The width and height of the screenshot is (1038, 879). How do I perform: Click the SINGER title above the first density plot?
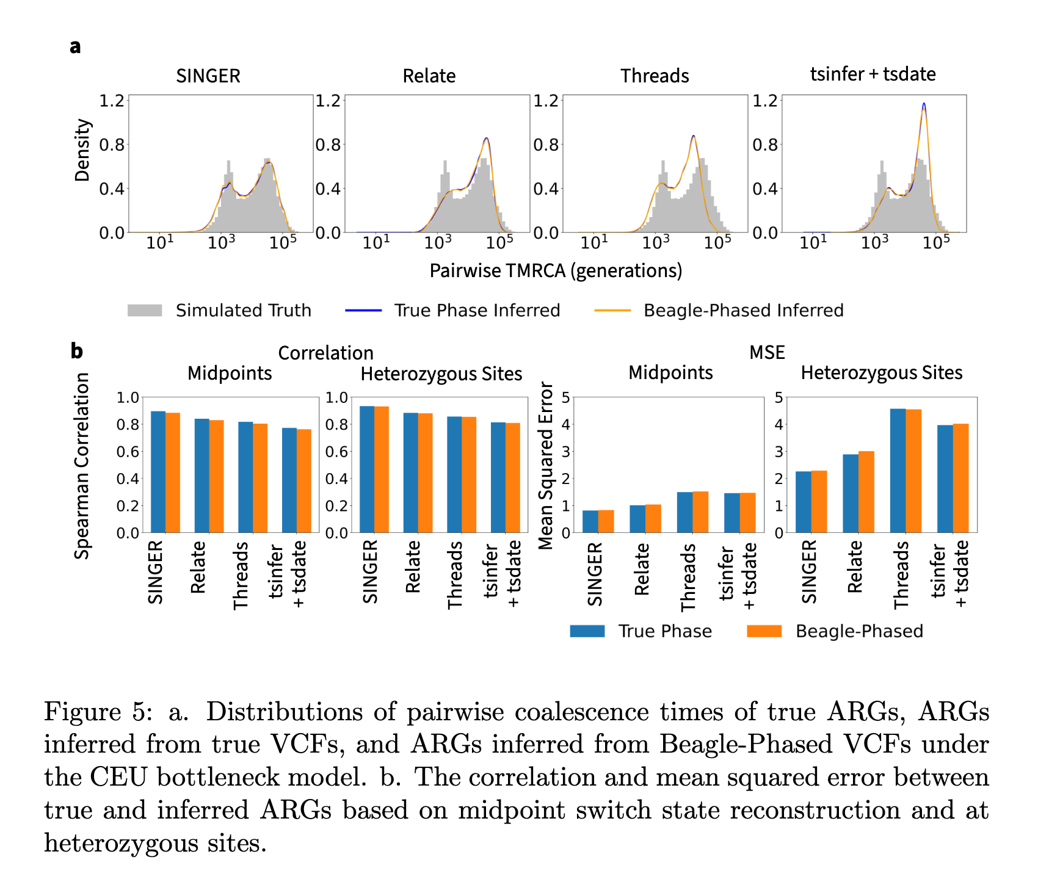click(x=208, y=76)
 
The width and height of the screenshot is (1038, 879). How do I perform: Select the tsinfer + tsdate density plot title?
click(x=873, y=74)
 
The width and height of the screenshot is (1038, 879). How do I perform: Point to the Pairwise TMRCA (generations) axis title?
click(x=556, y=270)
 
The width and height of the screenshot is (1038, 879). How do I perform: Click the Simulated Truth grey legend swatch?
click(x=145, y=310)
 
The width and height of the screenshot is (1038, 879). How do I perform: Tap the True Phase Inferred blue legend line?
click(x=363, y=310)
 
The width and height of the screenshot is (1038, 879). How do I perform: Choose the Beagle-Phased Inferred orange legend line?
click(x=612, y=310)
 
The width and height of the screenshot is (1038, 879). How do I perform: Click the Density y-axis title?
click(x=82, y=150)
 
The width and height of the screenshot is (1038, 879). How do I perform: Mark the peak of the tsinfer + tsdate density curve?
click(x=924, y=104)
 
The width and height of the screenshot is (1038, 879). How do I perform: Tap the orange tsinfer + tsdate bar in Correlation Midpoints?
click(x=304, y=481)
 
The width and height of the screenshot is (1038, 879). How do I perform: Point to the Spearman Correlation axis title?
click(x=82, y=466)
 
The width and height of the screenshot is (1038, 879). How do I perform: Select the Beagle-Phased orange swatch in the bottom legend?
click(x=764, y=631)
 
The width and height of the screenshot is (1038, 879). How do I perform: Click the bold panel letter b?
click(x=76, y=351)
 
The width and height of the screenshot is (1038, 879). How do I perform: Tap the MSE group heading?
click(x=767, y=352)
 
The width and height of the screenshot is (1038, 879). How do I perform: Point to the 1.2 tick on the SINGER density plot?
click(x=112, y=100)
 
